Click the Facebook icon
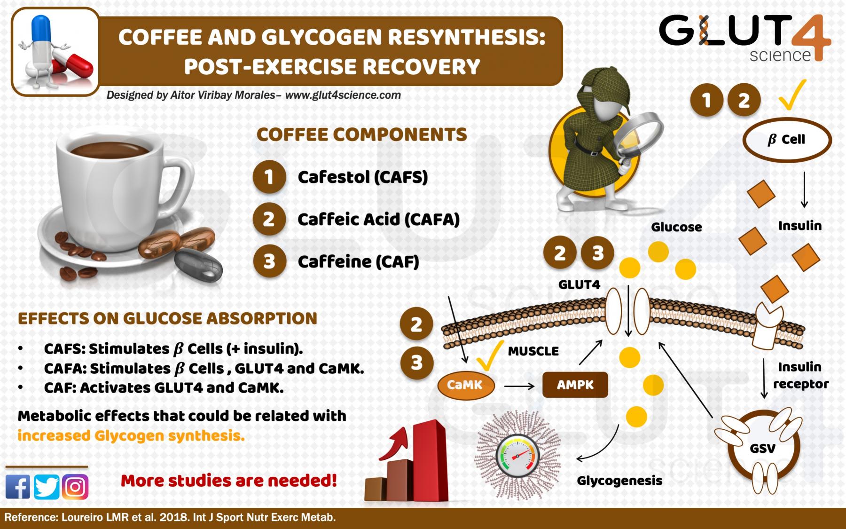coord(18,486)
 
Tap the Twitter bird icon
coord(47,486)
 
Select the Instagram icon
coord(75,486)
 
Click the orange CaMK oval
coord(465,385)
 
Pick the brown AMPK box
coord(575,385)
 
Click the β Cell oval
coord(787,140)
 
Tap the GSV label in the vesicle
coord(762,448)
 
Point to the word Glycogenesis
coord(619,481)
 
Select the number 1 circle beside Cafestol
coord(269,177)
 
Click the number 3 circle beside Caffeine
coord(269,261)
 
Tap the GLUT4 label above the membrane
coord(579,284)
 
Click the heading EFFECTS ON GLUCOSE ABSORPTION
coord(167,318)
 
